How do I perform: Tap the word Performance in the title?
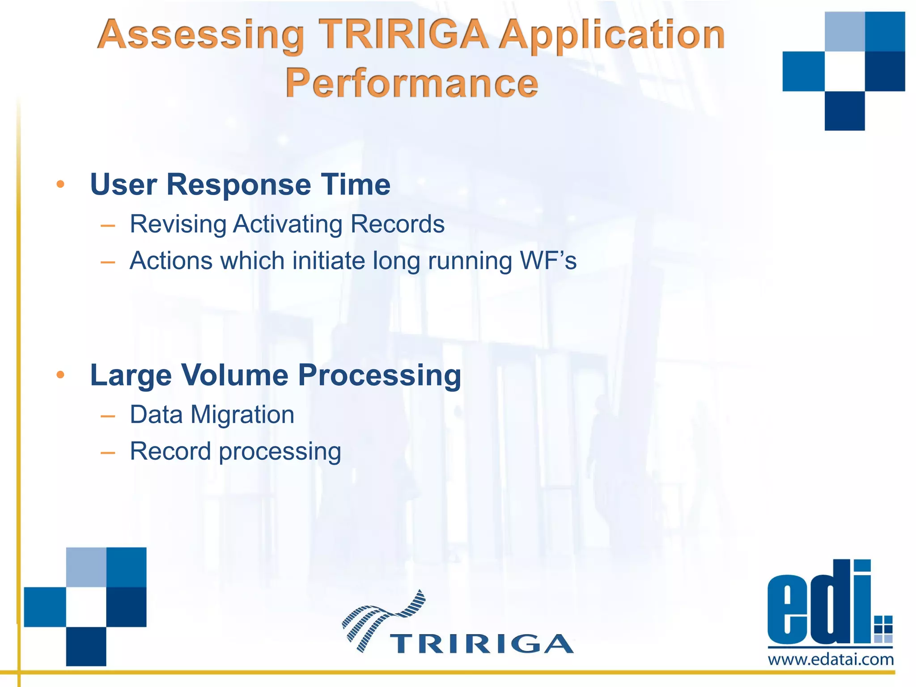pyautogui.click(x=411, y=83)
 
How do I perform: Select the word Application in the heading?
pyautogui.click(x=611, y=36)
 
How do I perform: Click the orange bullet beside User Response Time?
pyautogui.click(x=61, y=184)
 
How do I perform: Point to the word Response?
pyautogui.click(x=238, y=184)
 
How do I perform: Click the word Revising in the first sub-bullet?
pyautogui.click(x=178, y=224)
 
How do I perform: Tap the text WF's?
pyautogui.click(x=548, y=261)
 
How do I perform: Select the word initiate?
pyautogui.click(x=328, y=261)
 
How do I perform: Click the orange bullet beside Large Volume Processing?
pyautogui.click(x=61, y=374)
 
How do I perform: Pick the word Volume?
pyautogui.click(x=234, y=375)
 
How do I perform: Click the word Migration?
pyautogui.click(x=242, y=415)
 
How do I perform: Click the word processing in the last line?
pyautogui.click(x=280, y=452)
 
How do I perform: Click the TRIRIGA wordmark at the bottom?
pyautogui.click(x=481, y=644)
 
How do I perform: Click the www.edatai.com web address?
pyautogui.click(x=831, y=660)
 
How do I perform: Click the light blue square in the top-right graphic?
pyautogui.click(x=844, y=32)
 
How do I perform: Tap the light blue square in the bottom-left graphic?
pyautogui.click(x=86, y=567)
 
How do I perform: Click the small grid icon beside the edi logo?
pyautogui.click(x=883, y=628)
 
